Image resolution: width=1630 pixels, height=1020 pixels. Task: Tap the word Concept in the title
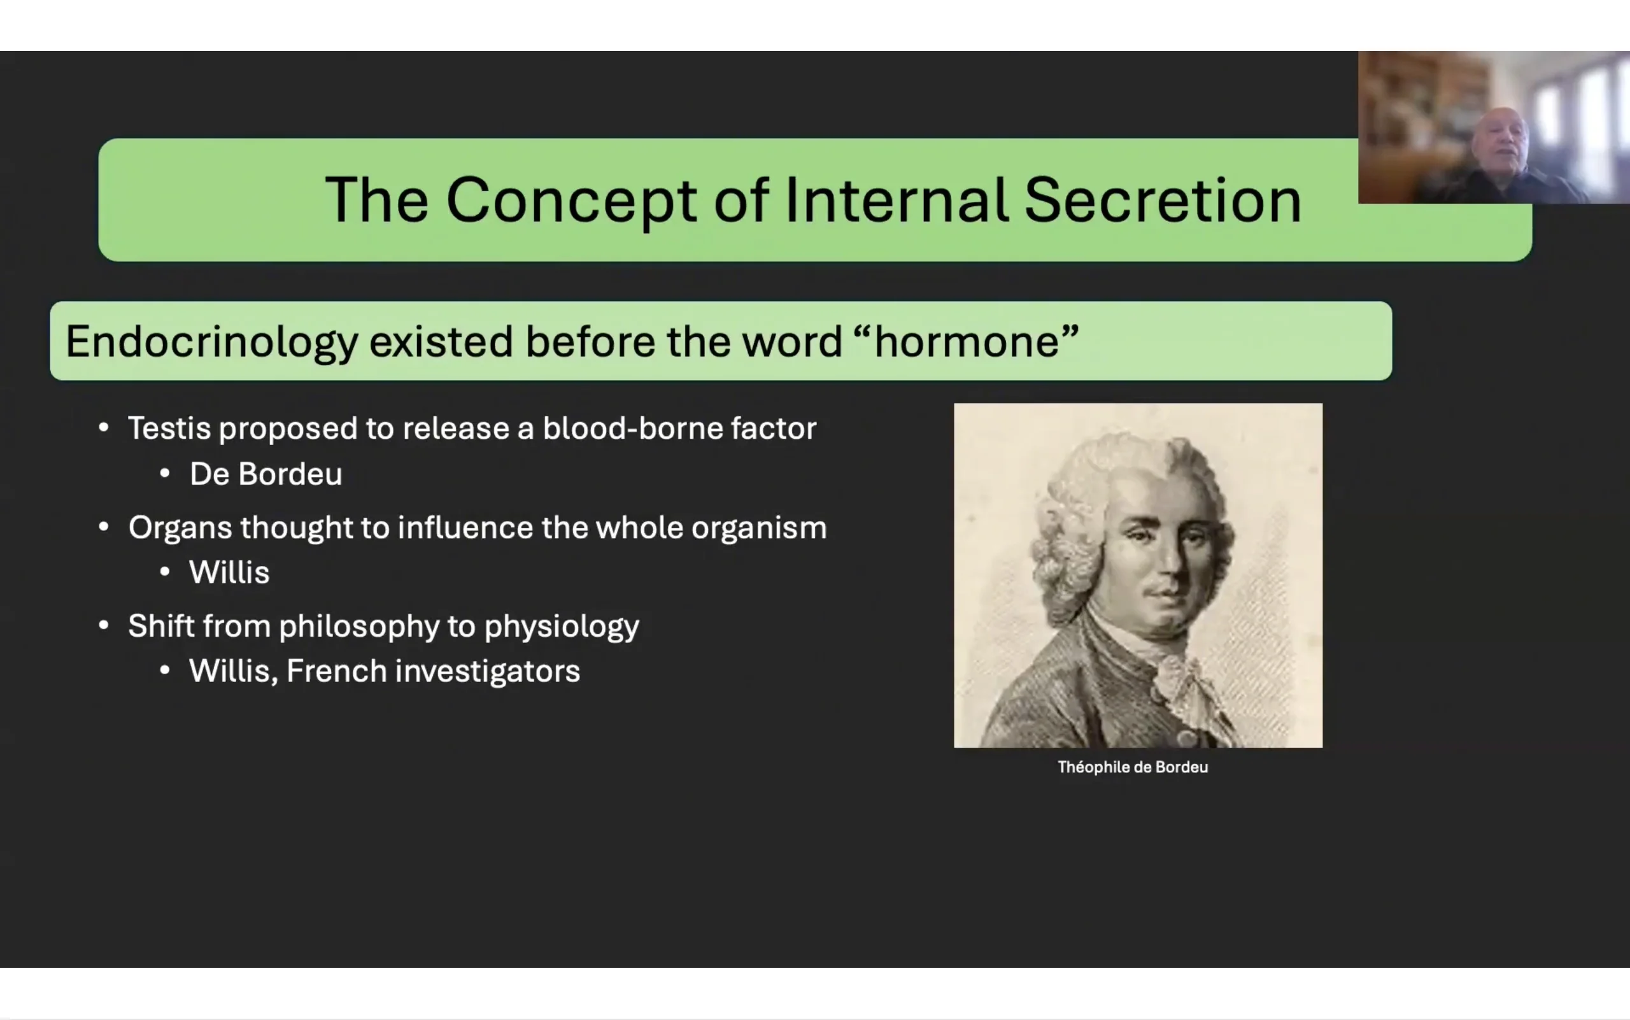pos(571,201)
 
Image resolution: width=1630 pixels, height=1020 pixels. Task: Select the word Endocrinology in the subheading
pos(212,342)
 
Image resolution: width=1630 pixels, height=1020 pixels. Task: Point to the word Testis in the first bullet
pos(169,428)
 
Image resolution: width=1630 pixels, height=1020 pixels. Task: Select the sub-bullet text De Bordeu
pos(266,474)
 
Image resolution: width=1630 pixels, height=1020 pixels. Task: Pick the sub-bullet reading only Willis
pos(229,572)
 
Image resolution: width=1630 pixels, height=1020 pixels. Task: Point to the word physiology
pos(562,627)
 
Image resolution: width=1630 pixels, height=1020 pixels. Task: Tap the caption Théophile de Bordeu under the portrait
pos(1133,767)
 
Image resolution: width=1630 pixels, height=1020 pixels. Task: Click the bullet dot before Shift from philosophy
pos(104,625)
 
